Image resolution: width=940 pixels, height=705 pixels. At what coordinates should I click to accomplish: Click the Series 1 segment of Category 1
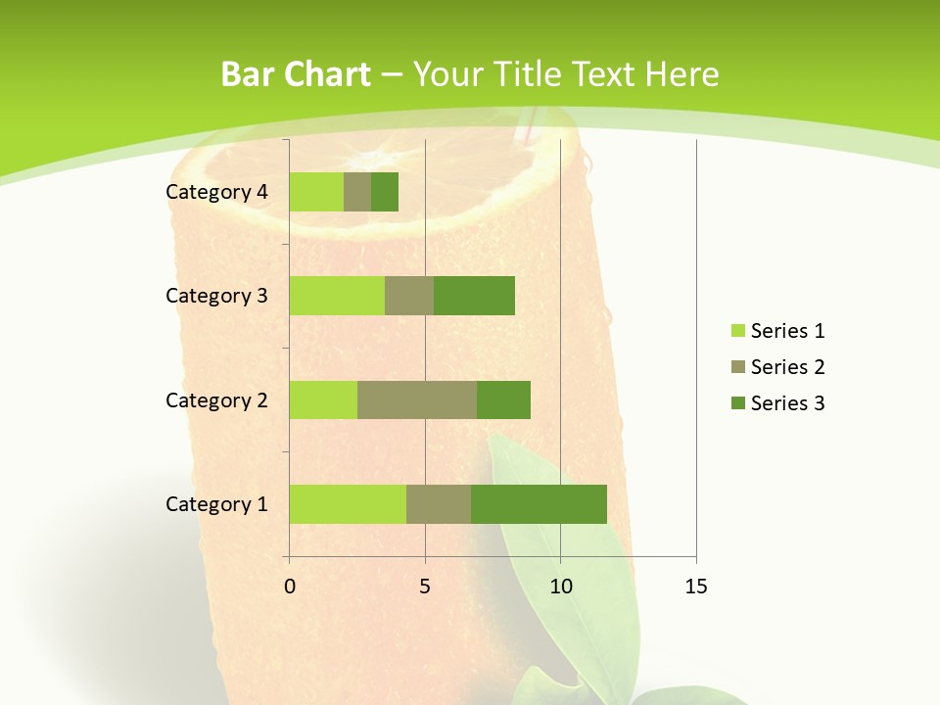point(348,504)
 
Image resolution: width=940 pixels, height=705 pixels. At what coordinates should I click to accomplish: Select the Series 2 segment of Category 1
point(439,504)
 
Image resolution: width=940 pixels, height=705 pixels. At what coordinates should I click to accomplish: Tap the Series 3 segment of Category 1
point(539,504)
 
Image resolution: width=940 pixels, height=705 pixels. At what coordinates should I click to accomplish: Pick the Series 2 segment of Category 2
point(417,399)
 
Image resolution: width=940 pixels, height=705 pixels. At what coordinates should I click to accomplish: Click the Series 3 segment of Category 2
point(503,399)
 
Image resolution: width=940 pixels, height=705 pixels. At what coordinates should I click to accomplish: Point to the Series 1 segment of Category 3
point(337,296)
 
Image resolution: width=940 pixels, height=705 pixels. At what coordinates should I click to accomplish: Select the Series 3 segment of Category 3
point(474,296)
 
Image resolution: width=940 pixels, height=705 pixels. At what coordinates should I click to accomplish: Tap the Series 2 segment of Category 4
point(357,192)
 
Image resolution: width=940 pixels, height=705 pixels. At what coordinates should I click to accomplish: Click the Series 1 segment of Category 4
point(316,192)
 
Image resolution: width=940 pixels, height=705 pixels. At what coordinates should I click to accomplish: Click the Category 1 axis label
point(216,504)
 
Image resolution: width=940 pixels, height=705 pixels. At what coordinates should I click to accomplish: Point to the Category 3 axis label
point(216,296)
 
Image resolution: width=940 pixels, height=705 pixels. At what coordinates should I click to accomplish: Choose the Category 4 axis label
point(216,192)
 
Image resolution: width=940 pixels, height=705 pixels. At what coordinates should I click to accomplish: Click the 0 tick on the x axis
point(290,587)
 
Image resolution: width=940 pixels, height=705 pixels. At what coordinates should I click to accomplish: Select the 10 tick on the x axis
point(560,587)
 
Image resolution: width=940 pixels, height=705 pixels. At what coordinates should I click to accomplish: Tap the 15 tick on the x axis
point(696,587)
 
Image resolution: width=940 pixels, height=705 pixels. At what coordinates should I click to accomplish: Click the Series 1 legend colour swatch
point(738,331)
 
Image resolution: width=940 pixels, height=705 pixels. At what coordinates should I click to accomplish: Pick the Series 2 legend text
point(787,367)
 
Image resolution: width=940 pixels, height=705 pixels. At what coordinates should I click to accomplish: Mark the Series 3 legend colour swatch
point(738,403)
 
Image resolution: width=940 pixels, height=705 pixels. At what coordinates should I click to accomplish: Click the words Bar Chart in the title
point(296,74)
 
